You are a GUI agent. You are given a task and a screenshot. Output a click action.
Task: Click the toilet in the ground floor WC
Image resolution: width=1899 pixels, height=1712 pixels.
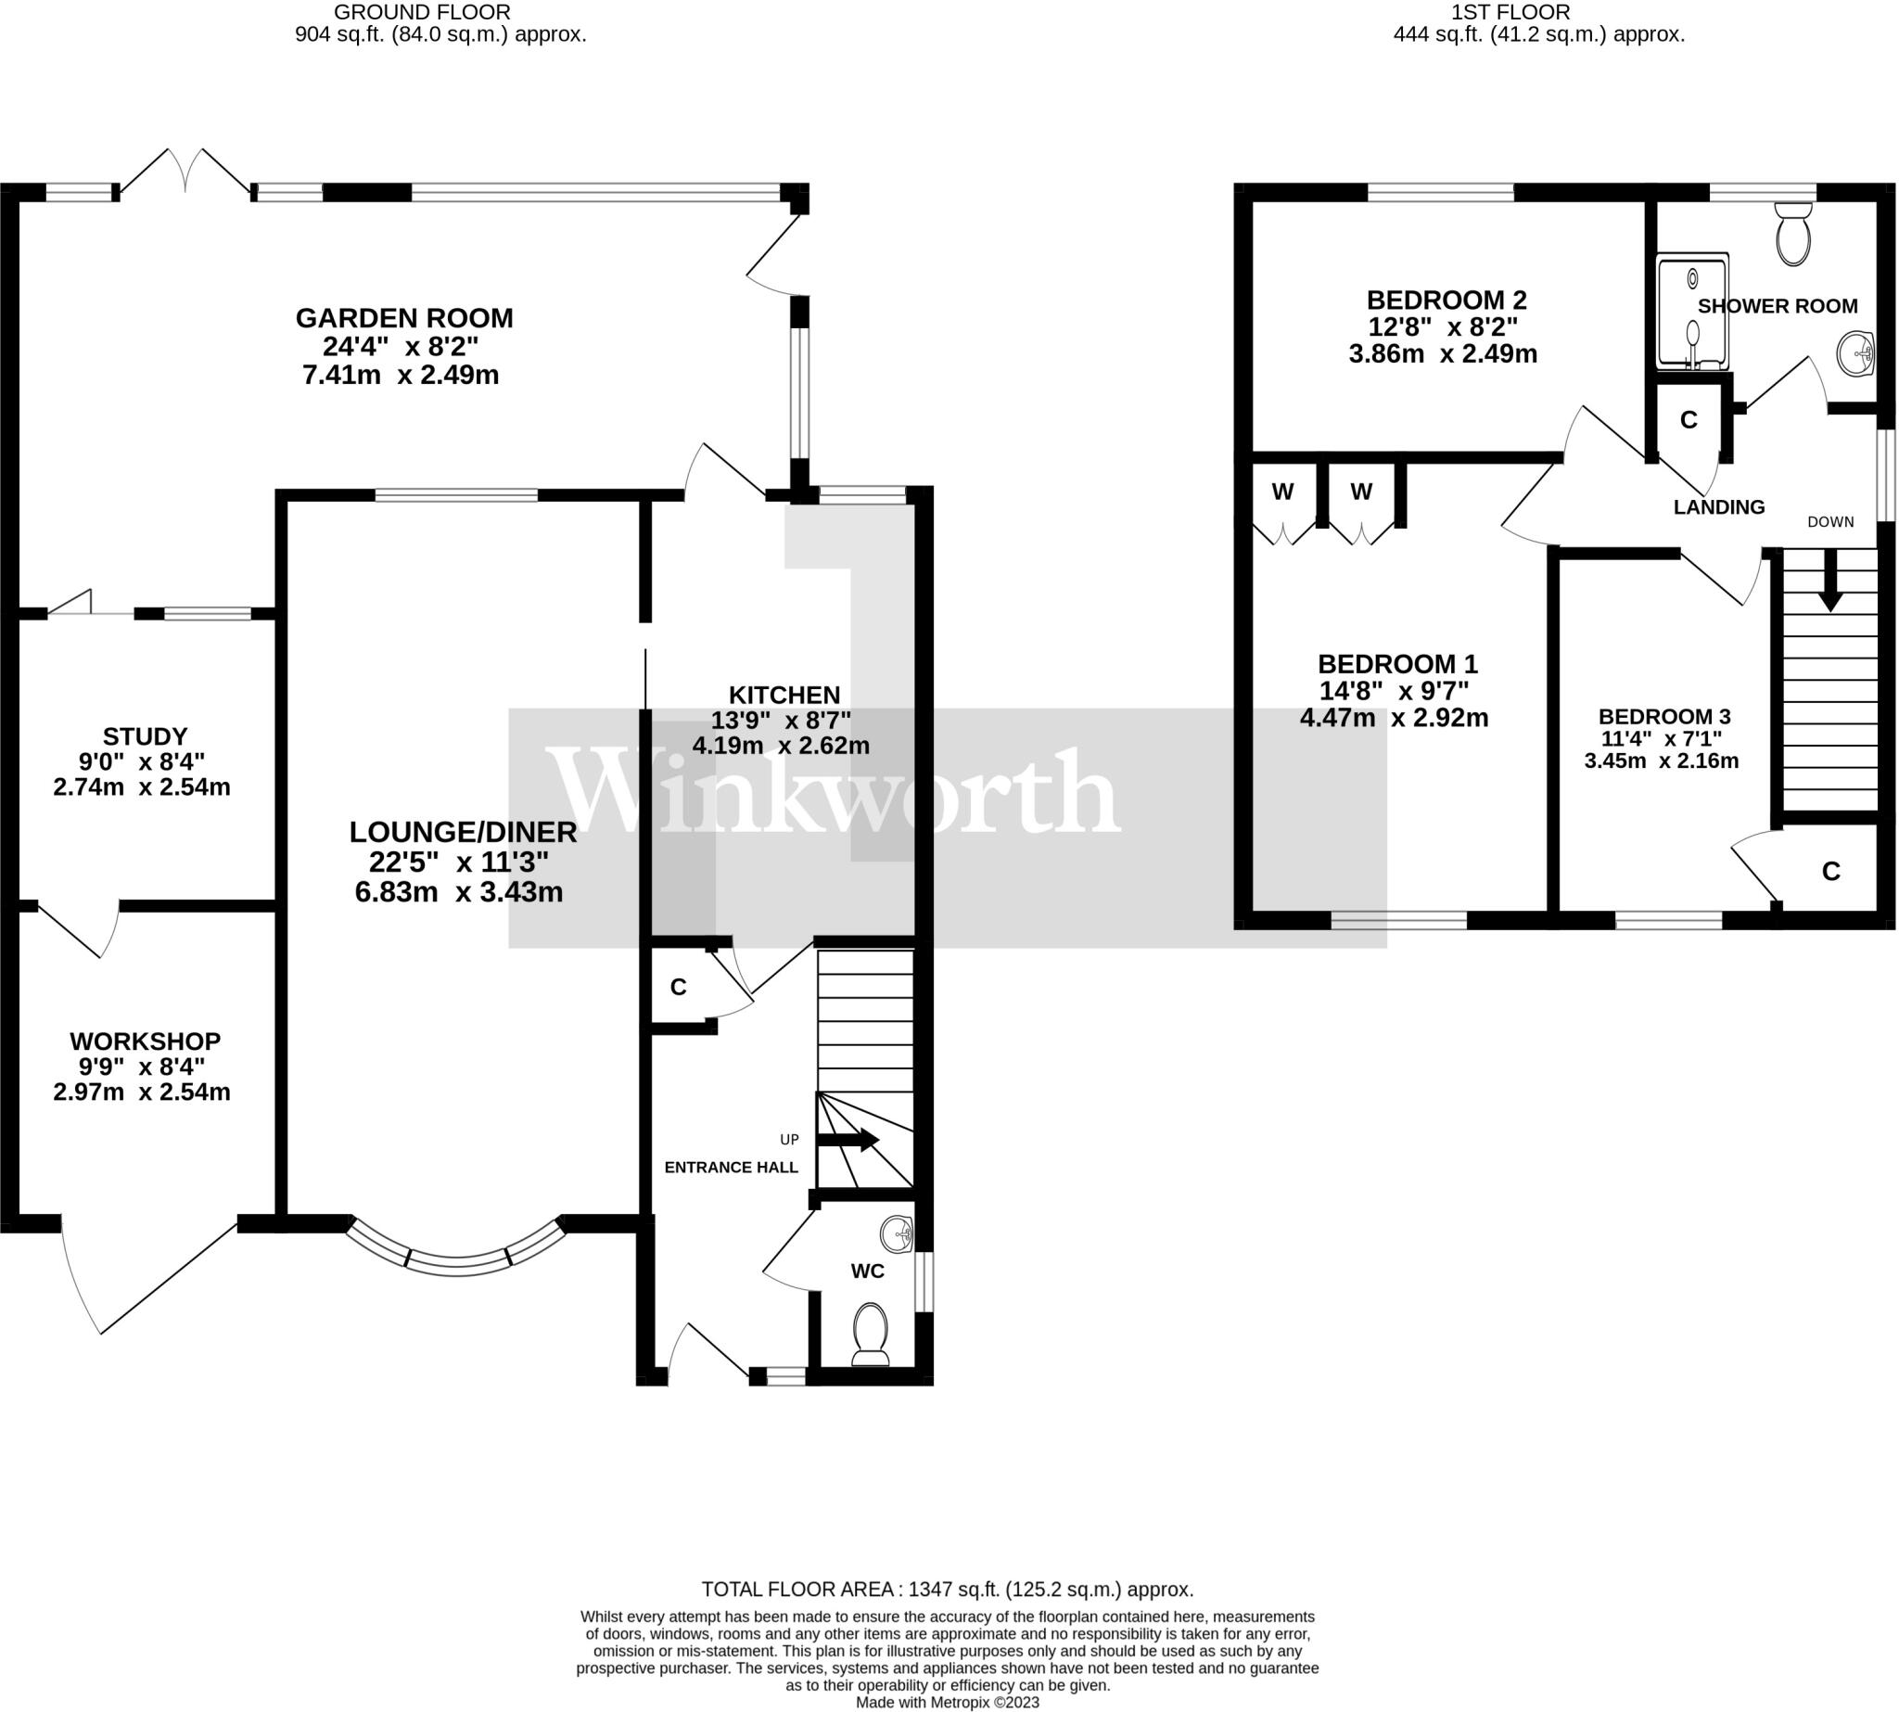[x=870, y=1332]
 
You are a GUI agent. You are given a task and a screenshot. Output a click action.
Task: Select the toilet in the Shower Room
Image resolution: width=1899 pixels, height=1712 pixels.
[x=1792, y=236]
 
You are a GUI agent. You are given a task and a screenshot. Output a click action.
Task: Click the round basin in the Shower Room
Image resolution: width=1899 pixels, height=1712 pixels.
[x=1854, y=353]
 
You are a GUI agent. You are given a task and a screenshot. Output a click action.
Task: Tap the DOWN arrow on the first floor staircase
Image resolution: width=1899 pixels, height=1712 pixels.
[x=1829, y=581]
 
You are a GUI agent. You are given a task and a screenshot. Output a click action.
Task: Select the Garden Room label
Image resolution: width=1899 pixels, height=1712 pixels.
[x=404, y=318]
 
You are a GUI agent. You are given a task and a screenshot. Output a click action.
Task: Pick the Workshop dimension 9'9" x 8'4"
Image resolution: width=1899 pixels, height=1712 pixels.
[x=142, y=1067]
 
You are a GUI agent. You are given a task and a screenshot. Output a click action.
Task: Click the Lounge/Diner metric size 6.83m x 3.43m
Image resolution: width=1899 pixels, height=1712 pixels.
[x=459, y=892]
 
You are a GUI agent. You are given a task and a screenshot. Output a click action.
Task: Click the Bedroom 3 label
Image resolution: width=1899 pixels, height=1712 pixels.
[x=1663, y=717]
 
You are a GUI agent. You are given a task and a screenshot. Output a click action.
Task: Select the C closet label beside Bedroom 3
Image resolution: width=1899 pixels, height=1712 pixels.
[x=1830, y=872]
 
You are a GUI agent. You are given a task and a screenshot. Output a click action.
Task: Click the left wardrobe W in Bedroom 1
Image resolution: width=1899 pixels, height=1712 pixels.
[x=1282, y=491]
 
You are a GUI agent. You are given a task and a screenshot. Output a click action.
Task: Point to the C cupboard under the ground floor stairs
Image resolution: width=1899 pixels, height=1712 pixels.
[x=678, y=987]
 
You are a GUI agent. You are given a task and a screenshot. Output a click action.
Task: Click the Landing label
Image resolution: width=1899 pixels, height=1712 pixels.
[x=1718, y=507]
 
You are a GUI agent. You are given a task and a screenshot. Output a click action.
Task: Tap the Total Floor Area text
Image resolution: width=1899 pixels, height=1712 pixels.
[x=947, y=1590]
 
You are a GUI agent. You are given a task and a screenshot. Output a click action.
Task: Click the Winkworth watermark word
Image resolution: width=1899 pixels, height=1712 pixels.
[x=834, y=791]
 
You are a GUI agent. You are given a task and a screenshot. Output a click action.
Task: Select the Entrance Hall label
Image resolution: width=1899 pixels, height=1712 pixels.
[x=731, y=1168]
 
